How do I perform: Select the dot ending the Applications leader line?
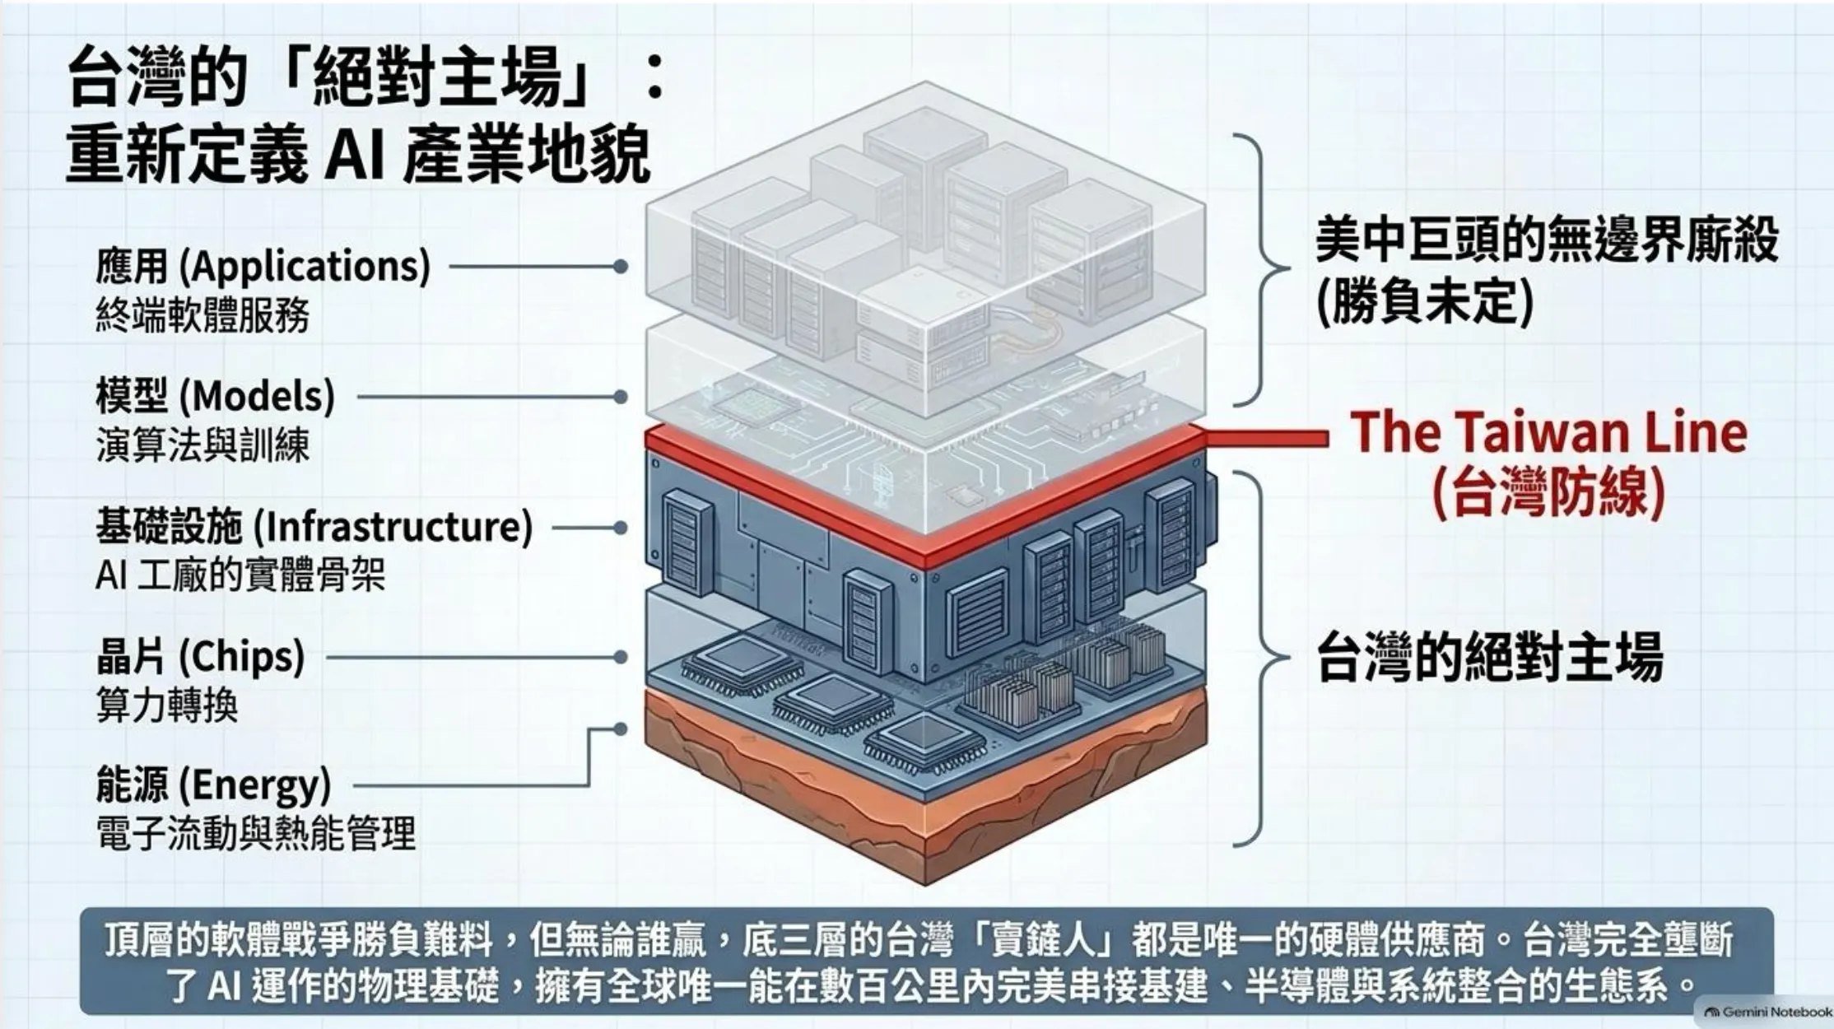[621, 267]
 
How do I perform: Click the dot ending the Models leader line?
[621, 397]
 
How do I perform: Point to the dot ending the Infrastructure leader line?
[621, 527]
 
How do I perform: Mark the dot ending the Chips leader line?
[621, 657]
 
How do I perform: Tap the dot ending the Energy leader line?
[621, 729]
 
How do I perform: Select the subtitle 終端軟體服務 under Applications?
[202, 315]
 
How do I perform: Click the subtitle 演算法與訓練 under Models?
[202, 445]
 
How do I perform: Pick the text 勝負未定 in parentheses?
[1425, 302]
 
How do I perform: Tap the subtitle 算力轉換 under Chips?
[167, 705]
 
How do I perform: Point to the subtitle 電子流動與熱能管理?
[256, 834]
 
